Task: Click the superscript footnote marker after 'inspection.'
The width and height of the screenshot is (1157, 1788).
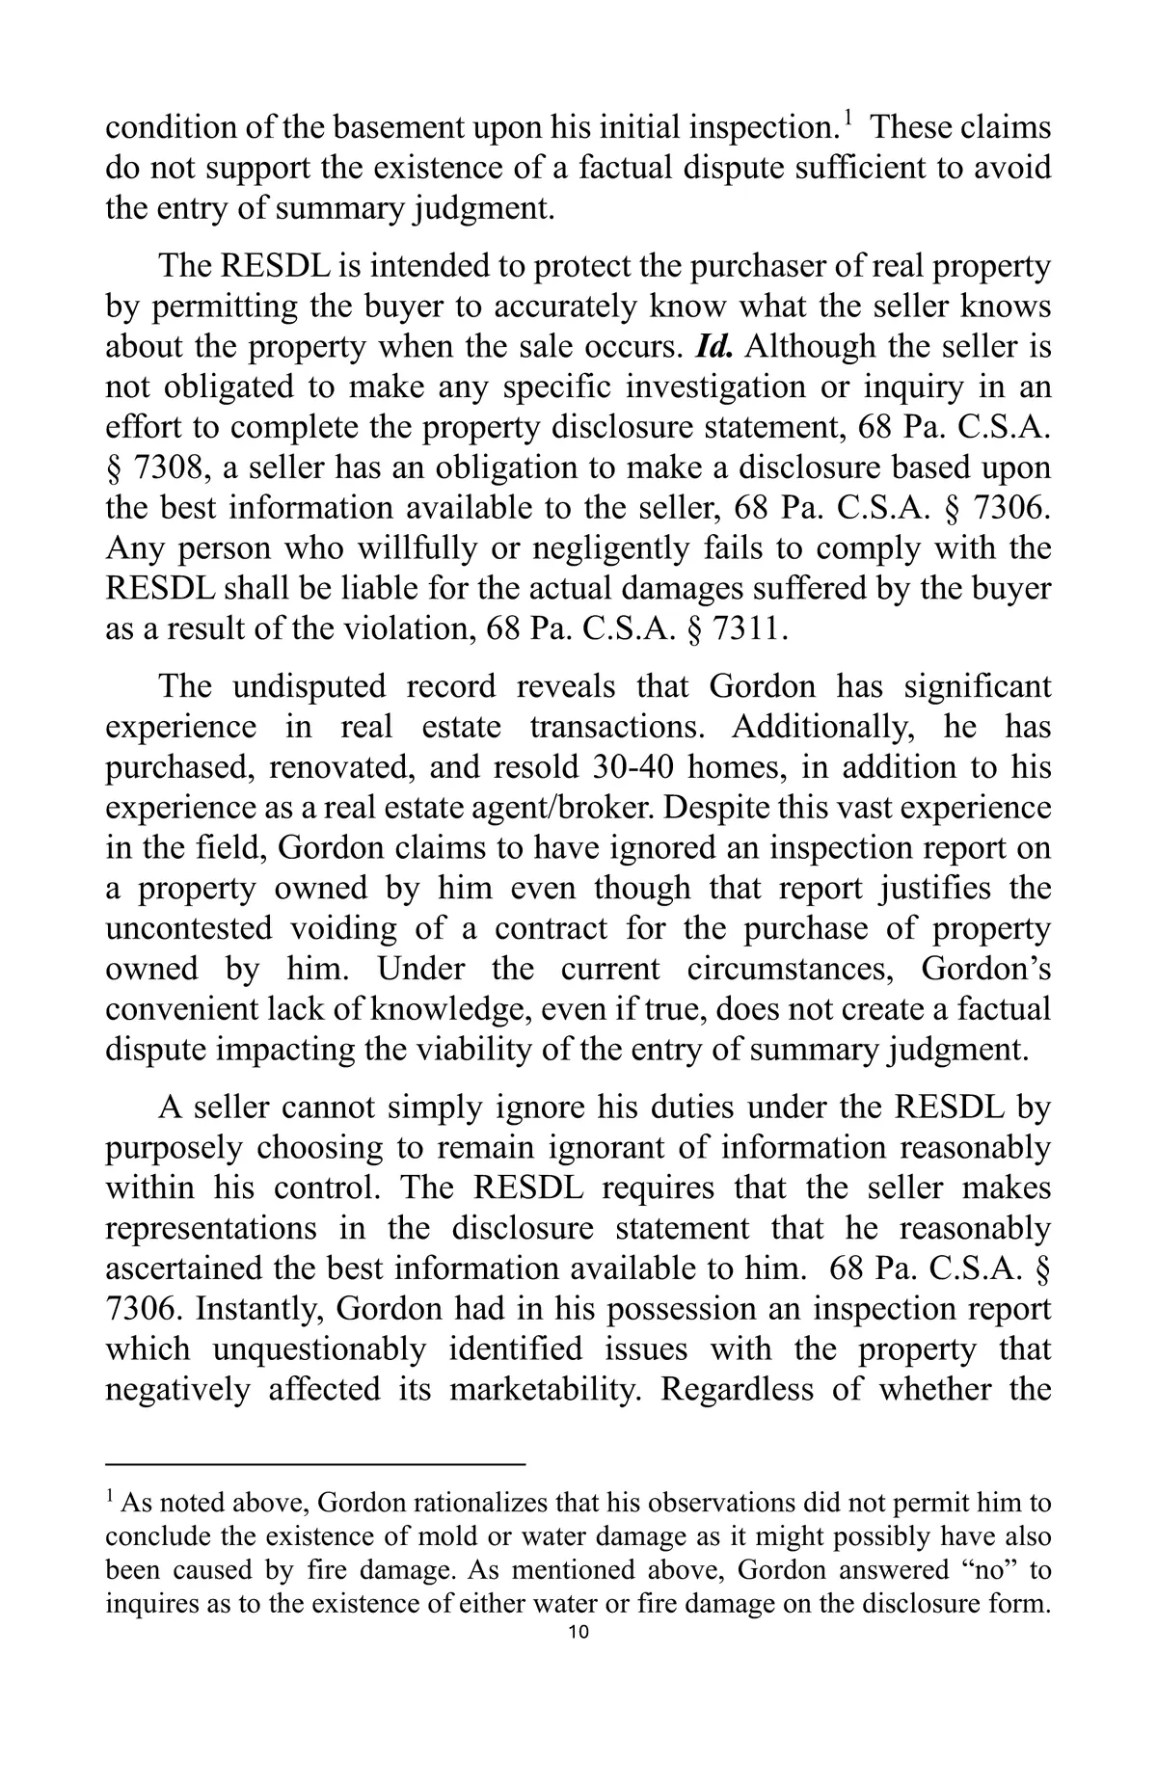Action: point(848,120)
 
